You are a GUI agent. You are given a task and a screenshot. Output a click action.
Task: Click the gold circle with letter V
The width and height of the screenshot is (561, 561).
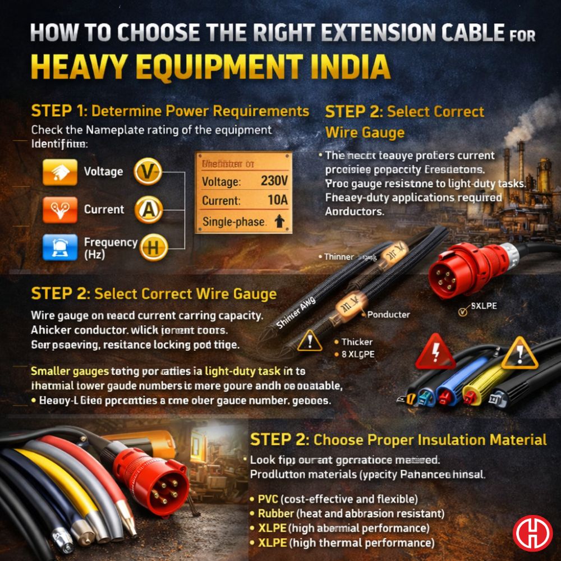[148, 172]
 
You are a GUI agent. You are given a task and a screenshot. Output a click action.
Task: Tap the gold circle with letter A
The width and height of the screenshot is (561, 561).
[148, 210]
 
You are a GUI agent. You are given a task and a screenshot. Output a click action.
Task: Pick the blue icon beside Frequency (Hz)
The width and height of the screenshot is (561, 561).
[59, 247]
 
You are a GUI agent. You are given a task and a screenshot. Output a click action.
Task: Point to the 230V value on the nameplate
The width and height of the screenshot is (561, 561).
[274, 181]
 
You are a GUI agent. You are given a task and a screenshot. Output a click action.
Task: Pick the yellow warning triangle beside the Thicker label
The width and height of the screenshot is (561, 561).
[310, 341]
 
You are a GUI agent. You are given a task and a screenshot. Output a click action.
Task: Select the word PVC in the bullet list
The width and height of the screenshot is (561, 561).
[268, 499]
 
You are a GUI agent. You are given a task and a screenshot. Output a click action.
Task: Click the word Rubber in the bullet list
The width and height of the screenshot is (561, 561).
[275, 513]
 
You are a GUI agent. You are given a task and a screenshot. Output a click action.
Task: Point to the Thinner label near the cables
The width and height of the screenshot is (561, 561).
[339, 256]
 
